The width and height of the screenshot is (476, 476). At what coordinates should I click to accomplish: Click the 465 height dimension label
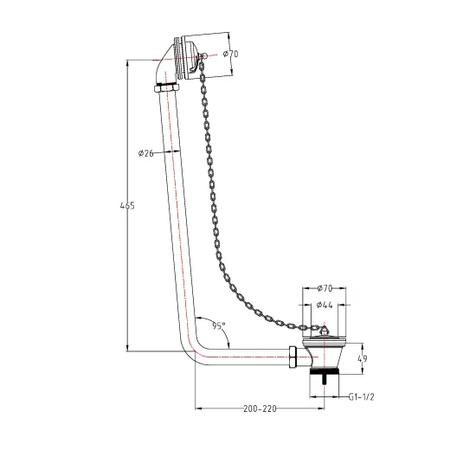point(127,206)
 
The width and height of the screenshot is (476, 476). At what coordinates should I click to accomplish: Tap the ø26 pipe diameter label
point(145,153)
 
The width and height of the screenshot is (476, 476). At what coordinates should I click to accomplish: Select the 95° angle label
point(219,326)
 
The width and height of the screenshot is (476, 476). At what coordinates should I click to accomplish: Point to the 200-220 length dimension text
point(260,408)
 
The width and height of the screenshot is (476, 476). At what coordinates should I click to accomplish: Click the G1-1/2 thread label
point(361,396)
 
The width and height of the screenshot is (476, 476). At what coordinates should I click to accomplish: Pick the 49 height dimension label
point(363,358)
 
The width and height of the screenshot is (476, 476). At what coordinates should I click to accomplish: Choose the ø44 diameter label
point(325,305)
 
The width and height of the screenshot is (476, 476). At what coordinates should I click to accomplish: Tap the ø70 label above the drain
point(325,288)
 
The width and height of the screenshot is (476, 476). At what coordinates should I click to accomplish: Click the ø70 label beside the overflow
point(231,54)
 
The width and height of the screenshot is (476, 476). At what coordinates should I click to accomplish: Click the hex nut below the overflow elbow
point(167,88)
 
